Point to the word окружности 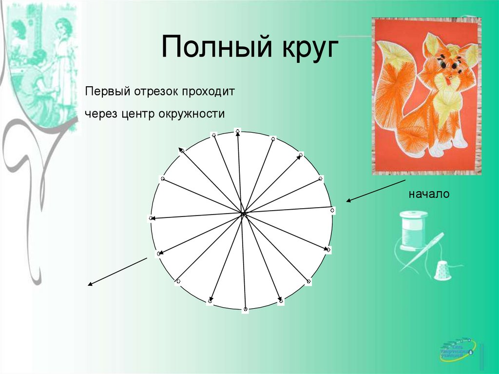pos(191,114)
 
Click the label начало pos(429,194)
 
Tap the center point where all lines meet pos(243,213)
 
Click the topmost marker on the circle pos(237,131)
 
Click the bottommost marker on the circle pos(246,309)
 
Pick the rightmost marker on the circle pos(332,211)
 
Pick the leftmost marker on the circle pos(151,218)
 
